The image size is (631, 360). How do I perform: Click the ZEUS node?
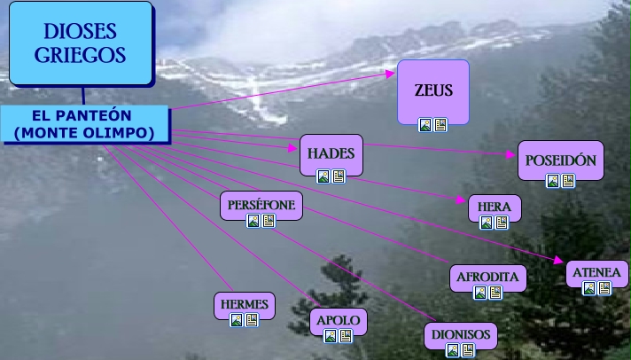tap(433, 90)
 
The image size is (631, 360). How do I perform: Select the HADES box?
tap(331, 153)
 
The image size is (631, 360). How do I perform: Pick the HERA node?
tap(494, 207)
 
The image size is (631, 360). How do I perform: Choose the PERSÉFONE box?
tap(261, 205)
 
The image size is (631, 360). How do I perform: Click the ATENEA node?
tap(596, 271)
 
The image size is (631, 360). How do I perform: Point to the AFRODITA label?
tap(487, 276)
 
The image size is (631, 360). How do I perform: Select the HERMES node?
tap(244, 304)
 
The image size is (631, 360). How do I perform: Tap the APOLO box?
tap(338, 320)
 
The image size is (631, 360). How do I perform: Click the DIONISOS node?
tap(461, 335)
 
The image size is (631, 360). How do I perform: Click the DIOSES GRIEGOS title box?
tap(81, 43)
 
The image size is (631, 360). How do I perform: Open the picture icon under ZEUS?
tap(425, 125)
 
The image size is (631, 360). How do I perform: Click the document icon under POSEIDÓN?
tap(568, 181)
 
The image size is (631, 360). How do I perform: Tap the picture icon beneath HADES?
tap(323, 176)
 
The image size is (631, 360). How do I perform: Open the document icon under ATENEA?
tap(604, 288)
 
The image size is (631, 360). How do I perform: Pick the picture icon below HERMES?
tap(237, 320)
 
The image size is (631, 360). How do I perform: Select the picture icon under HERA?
tap(487, 223)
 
